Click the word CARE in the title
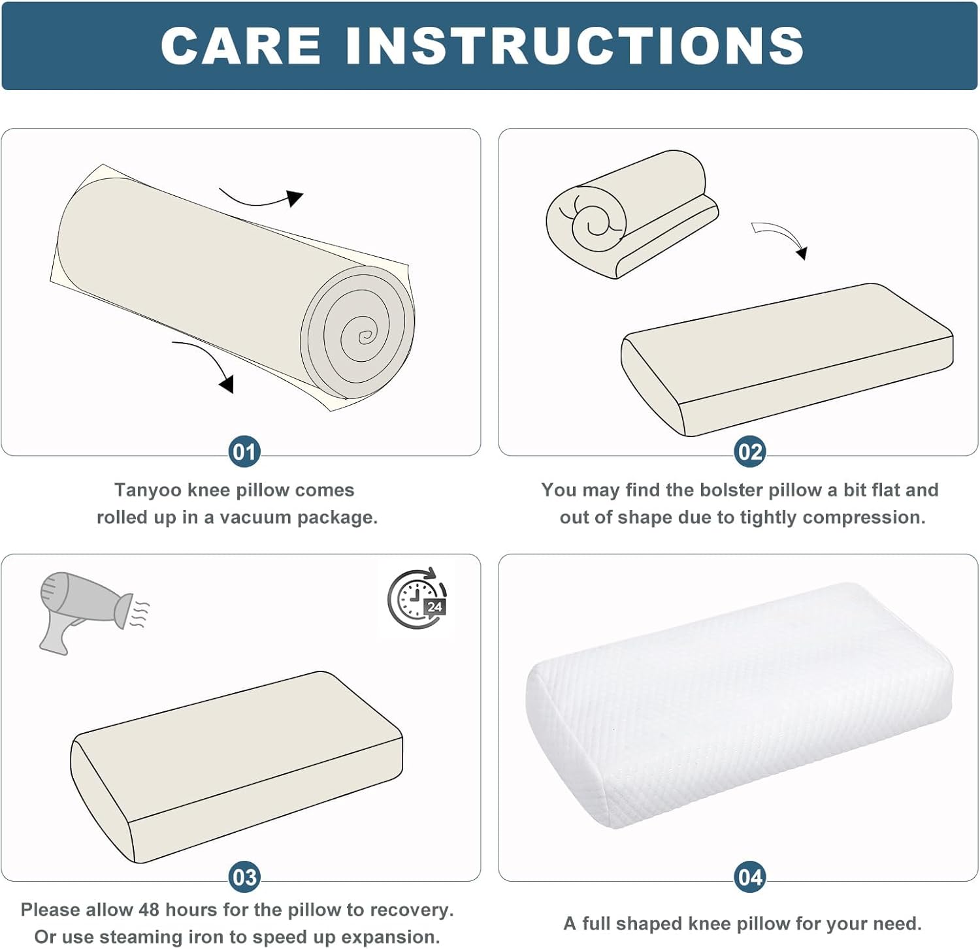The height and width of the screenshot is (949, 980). pyautogui.click(x=241, y=46)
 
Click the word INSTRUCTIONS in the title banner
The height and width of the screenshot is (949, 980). pyautogui.click(x=575, y=46)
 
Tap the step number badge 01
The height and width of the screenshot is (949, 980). pyautogui.click(x=244, y=452)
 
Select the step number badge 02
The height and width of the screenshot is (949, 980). pyautogui.click(x=749, y=452)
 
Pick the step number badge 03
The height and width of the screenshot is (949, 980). pyautogui.click(x=244, y=877)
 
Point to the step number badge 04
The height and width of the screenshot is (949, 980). pyautogui.click(x=749, y=877)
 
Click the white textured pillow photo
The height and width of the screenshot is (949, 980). pyautogui.click(x=739, y=705)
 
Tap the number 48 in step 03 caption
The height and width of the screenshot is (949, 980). pyautogui.click(x=149, y=910)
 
